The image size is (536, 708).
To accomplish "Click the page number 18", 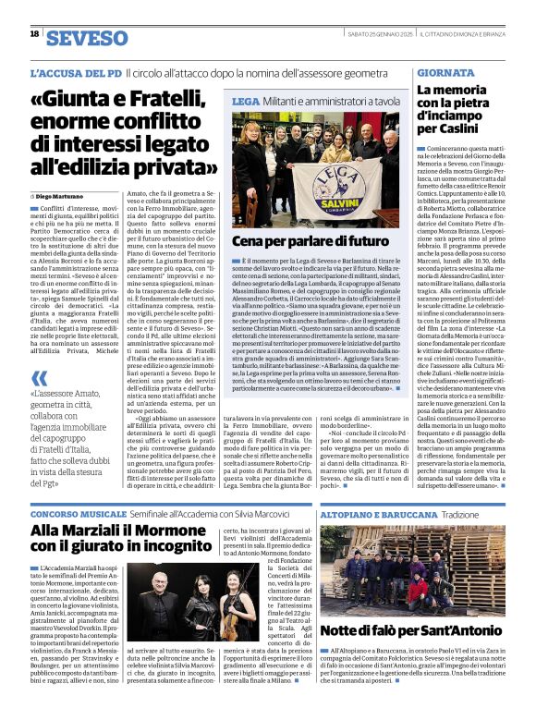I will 34,33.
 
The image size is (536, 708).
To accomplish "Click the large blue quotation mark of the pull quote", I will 40,378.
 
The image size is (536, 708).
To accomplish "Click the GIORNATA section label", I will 445,71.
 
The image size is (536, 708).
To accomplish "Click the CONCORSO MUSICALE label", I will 79,512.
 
